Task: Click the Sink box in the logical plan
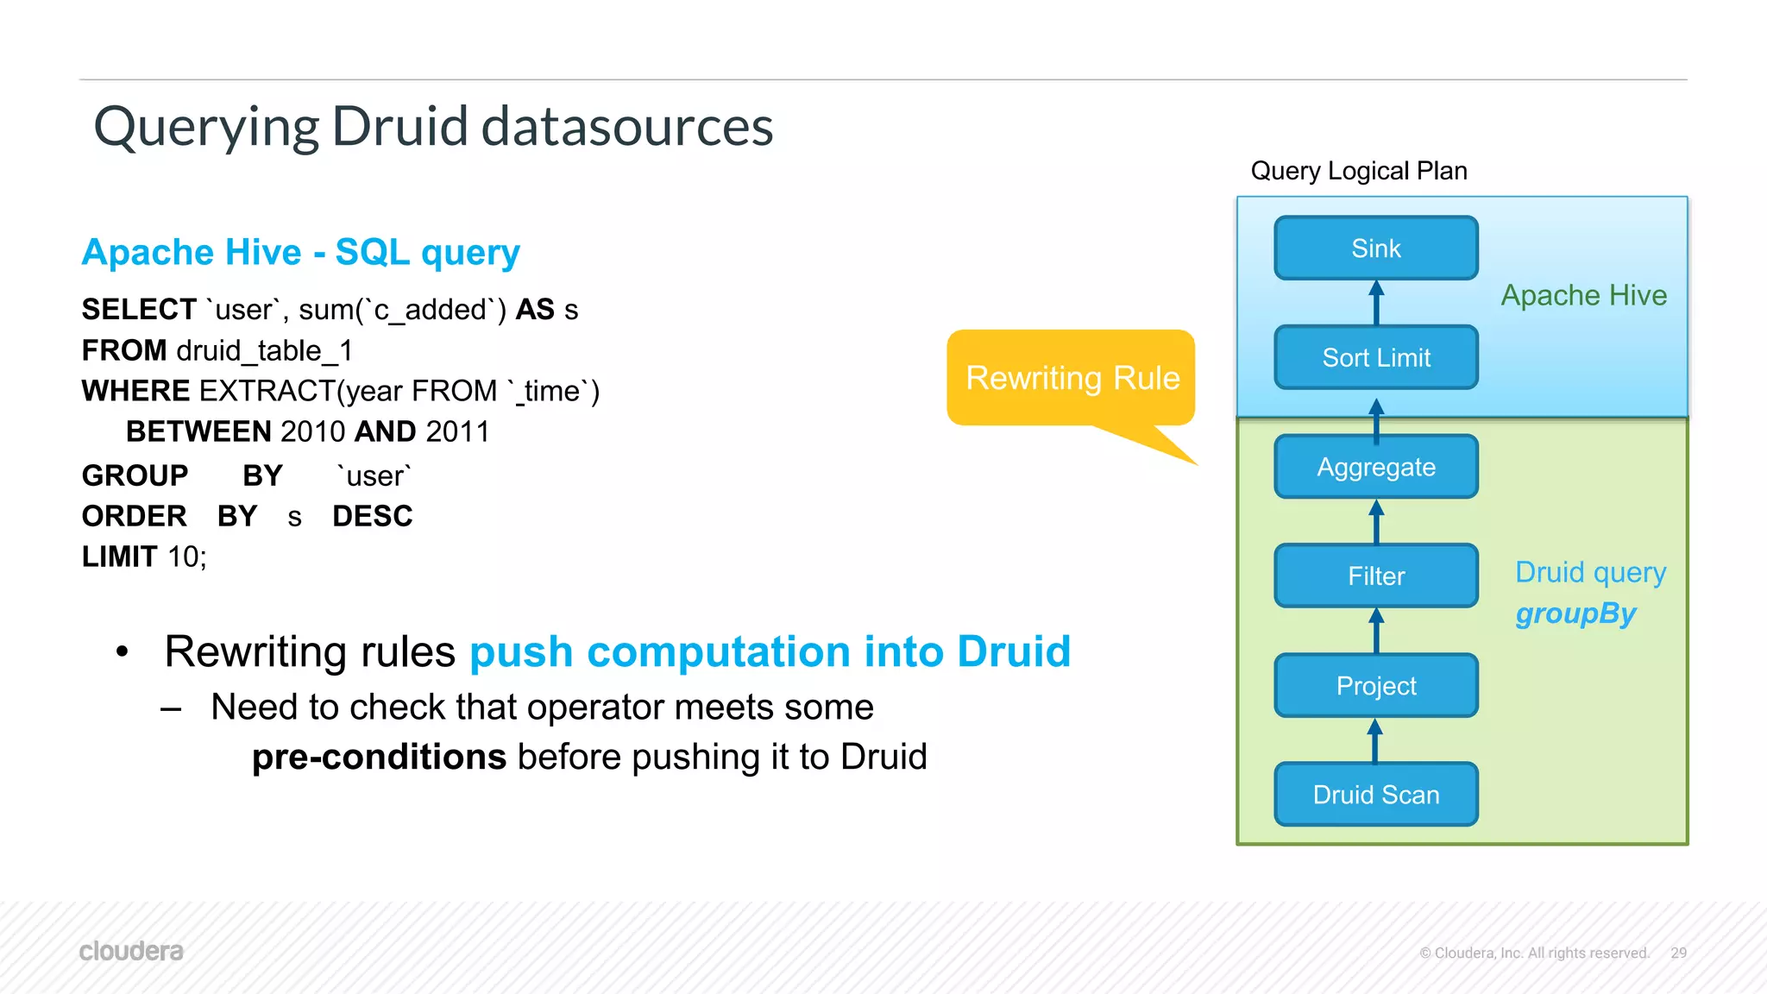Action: pyautogui.click(x=1375, y=248)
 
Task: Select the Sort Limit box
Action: pyautogui.click(x=1375, y=357)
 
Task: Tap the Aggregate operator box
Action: pyautogui.click(x=1375, y=467)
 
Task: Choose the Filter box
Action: pyautogui.click(x=1375, y=576)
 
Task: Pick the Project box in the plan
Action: pyautogui.click(x=1375, y=685)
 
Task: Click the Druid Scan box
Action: pyautogui.click(x=1375, y=794)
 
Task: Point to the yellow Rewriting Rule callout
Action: pyautogui.click(x=1072, y=378)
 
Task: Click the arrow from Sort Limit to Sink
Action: pyautogui.click(x=1376, y=303)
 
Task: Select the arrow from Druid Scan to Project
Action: pyautogui.click(x=1375, y=740)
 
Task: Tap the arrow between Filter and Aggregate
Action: pyautogui.click(x=1376, y=521)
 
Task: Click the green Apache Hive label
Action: pyautogui.click(x=1583, y=295)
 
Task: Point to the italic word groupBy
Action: pyautogui.click(x=1575, y=613)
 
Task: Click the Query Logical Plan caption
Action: pyautogui.click(x=1358, y=171)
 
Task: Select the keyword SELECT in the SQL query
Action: pyautogui.click(x=139, y=309)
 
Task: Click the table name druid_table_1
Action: pyautogui.click(x=264, y=350)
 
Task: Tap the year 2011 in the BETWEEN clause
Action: pyautogui.click(x=457, y=431)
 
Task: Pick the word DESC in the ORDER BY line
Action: pyautogui.click(x=372, y=516)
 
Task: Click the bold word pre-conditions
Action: pyautogui.click(x=379, y=757)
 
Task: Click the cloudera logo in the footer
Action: pyautogui.click(x=131, y=951)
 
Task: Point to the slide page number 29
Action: pyautogui.click(x=1678, y=953)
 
